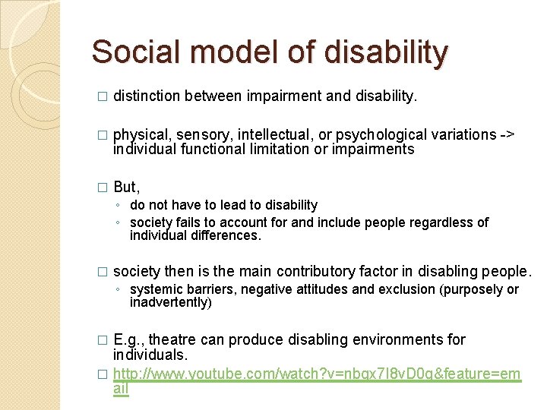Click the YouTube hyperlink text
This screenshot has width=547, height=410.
coord(317,374)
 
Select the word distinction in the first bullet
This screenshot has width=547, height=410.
coord(145,96)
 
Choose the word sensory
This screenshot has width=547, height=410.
coord(204,135)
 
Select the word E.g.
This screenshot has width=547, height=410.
coord(127,339)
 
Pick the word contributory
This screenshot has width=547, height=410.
coord(322,272)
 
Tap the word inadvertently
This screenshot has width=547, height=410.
coord(171,303)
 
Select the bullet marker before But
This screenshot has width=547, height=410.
coord(103,188)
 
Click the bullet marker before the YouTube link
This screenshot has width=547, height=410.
coord(103,375)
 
